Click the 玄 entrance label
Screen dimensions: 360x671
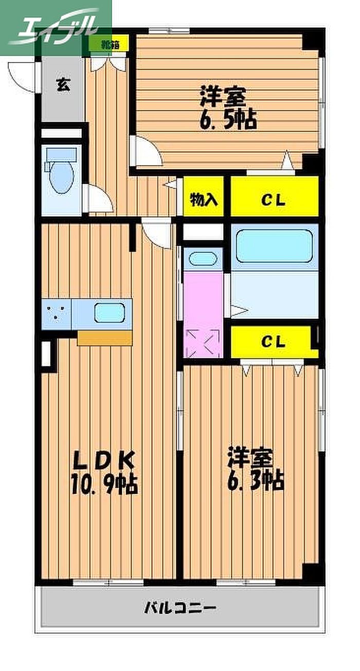click(63, 84)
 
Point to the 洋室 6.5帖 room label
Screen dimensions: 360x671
click(228, 108)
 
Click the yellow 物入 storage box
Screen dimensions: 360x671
click(204, 197)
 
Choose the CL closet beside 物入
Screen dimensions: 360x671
click(274, 196)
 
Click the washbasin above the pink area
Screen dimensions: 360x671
click(203, 258)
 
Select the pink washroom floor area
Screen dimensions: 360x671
click(203, 315)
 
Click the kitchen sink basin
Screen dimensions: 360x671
click(110, 313)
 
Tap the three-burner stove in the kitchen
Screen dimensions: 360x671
click(56, 314)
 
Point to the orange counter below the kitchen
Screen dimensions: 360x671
click(105, 338)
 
